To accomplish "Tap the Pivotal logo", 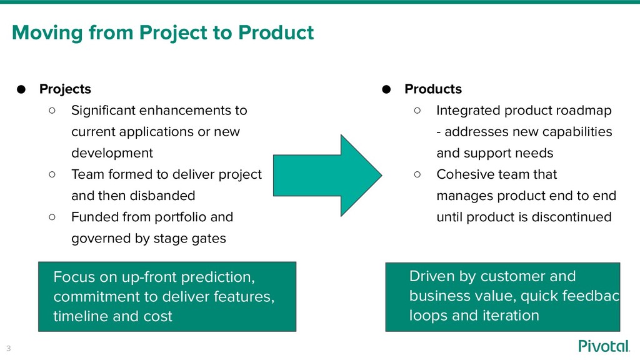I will point(604,346).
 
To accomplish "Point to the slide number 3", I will point(9,347).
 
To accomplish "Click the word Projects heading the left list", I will point(65,89).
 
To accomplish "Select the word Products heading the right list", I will point(433,89).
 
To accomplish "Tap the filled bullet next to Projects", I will point(21,89).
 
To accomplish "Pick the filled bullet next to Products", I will point(386,89).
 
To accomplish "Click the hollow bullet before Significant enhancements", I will point(52,110).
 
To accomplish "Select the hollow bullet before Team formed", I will point(52,174).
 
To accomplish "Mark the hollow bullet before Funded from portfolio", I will point(52,216).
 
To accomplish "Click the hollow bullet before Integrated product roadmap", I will point(417,110).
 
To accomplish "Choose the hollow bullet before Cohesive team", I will point(417,174).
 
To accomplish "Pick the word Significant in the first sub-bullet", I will point(102,111).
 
